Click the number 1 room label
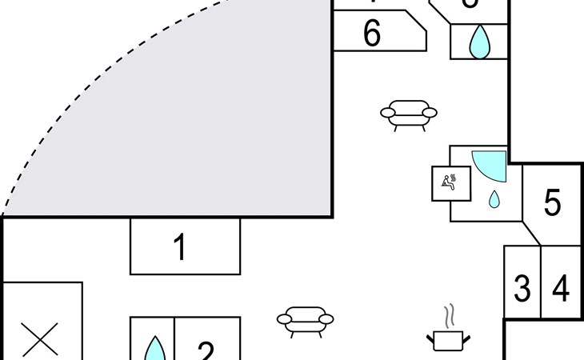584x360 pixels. tap(181, 247)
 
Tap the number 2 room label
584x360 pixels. tap(206, 351)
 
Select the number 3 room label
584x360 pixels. tap(522, 288)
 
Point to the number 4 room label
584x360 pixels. tap(561, 288)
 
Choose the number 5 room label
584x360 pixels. tap(552, 203)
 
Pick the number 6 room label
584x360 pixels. tap(372, 34)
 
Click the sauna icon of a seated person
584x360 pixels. tap(446, 181)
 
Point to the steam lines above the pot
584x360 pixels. tap(452, 315)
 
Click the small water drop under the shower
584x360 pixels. tap(494, 198)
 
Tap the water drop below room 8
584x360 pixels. tap(479, 42)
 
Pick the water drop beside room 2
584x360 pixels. tap(154, 350)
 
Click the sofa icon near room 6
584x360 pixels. tap(408, 114)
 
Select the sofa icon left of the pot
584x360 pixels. tap(306, 320)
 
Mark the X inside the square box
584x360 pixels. tap(41, 341)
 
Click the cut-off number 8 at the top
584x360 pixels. tap(470, 4)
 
